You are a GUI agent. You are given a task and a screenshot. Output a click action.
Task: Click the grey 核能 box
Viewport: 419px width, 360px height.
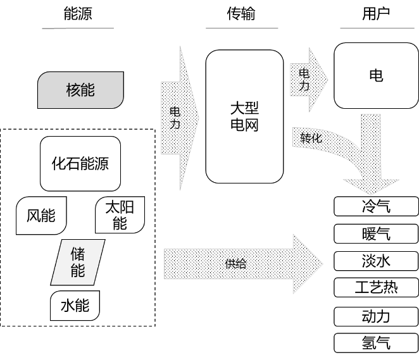coord(80,90)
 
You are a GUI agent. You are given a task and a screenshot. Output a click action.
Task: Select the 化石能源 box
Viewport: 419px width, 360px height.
coord(80,163)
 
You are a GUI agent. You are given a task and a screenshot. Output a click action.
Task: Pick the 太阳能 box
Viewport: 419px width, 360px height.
coord(120,215)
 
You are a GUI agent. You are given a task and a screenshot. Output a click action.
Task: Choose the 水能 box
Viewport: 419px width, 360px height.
coord(75,306)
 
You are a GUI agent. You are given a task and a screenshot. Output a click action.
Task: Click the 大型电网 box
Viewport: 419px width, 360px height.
coord(244,116)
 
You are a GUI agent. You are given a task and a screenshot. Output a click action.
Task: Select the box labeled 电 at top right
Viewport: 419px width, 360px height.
coord(376,76)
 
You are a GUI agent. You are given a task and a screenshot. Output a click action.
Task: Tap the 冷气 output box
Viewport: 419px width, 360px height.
coord(376,206)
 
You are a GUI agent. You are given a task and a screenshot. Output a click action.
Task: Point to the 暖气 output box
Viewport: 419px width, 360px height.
coord(376,233)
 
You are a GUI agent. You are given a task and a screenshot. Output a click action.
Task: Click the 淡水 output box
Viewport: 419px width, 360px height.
coord(376,261)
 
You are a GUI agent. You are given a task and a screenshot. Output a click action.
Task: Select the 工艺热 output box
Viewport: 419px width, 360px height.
coord(376,287)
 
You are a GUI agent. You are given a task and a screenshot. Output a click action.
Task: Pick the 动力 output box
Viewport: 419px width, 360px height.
coord(376,316)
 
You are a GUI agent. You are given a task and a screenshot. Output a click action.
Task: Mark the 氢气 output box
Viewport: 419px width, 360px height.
coord(376,342)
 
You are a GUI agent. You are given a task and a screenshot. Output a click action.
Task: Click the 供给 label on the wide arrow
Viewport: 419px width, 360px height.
coord(235,264)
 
